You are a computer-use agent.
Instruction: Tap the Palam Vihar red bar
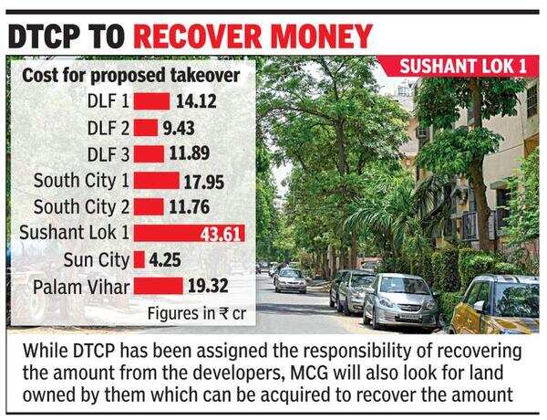click(159, 286)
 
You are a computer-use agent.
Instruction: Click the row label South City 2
click(77, 205)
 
